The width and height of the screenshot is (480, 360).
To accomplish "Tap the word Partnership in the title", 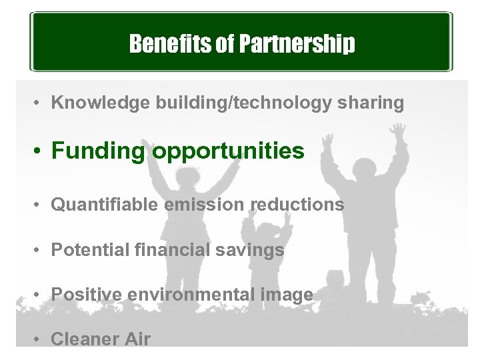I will [x=290, y=44].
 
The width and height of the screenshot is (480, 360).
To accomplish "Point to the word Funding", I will [x=98, y=151].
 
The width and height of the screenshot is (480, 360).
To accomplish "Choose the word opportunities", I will [x=229, y=151].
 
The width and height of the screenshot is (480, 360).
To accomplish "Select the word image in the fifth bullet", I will [x=291, y=294].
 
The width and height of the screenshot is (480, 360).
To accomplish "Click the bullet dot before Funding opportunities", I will [x=40, y=152].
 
